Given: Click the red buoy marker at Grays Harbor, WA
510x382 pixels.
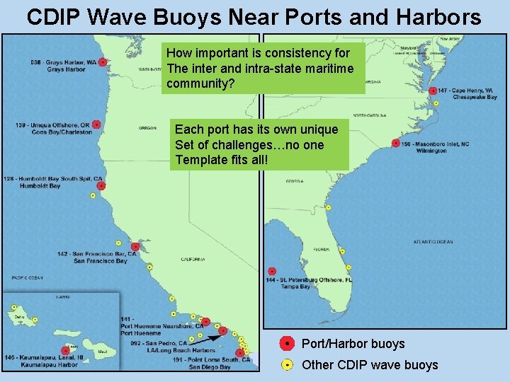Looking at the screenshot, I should point(103,62).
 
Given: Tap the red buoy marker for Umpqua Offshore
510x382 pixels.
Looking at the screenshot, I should point(96,125).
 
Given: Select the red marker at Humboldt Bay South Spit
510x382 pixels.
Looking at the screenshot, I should point(101,185).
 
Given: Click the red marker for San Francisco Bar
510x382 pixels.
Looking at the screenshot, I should point(135,247).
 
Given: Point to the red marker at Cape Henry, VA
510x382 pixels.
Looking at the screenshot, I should point(431,91).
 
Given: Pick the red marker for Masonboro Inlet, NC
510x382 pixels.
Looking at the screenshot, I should point(396,143).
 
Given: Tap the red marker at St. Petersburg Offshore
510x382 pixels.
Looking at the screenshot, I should point(272,271).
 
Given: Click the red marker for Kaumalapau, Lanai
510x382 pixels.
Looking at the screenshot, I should point(65,350).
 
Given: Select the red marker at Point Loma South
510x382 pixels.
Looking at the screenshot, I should point(240,352).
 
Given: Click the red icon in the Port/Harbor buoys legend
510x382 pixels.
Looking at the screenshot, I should point(286,344).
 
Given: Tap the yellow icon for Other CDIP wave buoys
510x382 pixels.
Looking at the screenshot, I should point(286,365).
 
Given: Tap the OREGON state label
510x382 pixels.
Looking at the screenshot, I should point(147,128).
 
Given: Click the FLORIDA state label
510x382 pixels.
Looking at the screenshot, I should point(322,249).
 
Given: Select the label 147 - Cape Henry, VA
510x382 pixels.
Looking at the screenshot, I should point(465,91).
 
